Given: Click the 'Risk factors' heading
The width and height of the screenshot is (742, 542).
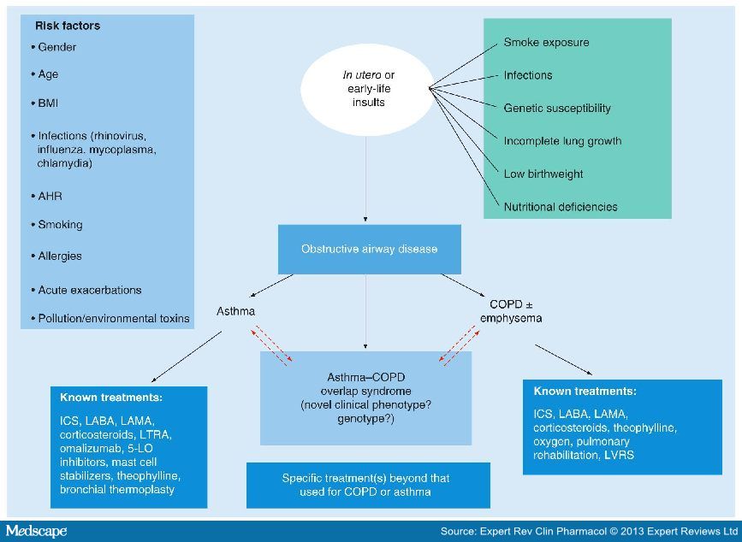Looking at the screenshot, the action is point(68,26).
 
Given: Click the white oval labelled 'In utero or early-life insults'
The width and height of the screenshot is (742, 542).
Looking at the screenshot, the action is point(367,89).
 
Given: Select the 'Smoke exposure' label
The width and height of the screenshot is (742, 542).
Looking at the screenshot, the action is point(547,43).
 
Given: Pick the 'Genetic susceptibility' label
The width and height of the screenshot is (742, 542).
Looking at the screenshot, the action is point(557,109).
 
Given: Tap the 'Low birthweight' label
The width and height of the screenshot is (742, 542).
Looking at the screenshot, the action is point(543,174).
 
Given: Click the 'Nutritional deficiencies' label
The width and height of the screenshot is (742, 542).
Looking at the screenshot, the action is point(561,207).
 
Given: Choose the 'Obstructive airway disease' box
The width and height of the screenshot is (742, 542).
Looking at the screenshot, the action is point(369,249).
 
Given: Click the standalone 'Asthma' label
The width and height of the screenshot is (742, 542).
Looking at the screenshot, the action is point(235,311).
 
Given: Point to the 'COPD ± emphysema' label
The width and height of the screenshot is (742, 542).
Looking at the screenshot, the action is point(511,311).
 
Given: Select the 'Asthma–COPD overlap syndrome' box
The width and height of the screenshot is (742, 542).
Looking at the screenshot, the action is point(365,398).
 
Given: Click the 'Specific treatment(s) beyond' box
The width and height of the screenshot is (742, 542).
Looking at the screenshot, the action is point(368,486).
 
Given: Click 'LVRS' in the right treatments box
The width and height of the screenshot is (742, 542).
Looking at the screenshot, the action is point(620,456).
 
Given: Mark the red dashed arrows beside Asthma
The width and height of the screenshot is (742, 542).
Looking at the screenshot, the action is point(271,345).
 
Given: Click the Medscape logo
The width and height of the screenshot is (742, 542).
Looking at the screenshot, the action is point(37,531).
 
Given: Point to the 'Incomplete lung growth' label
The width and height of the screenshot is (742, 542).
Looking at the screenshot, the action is point(562,141).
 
